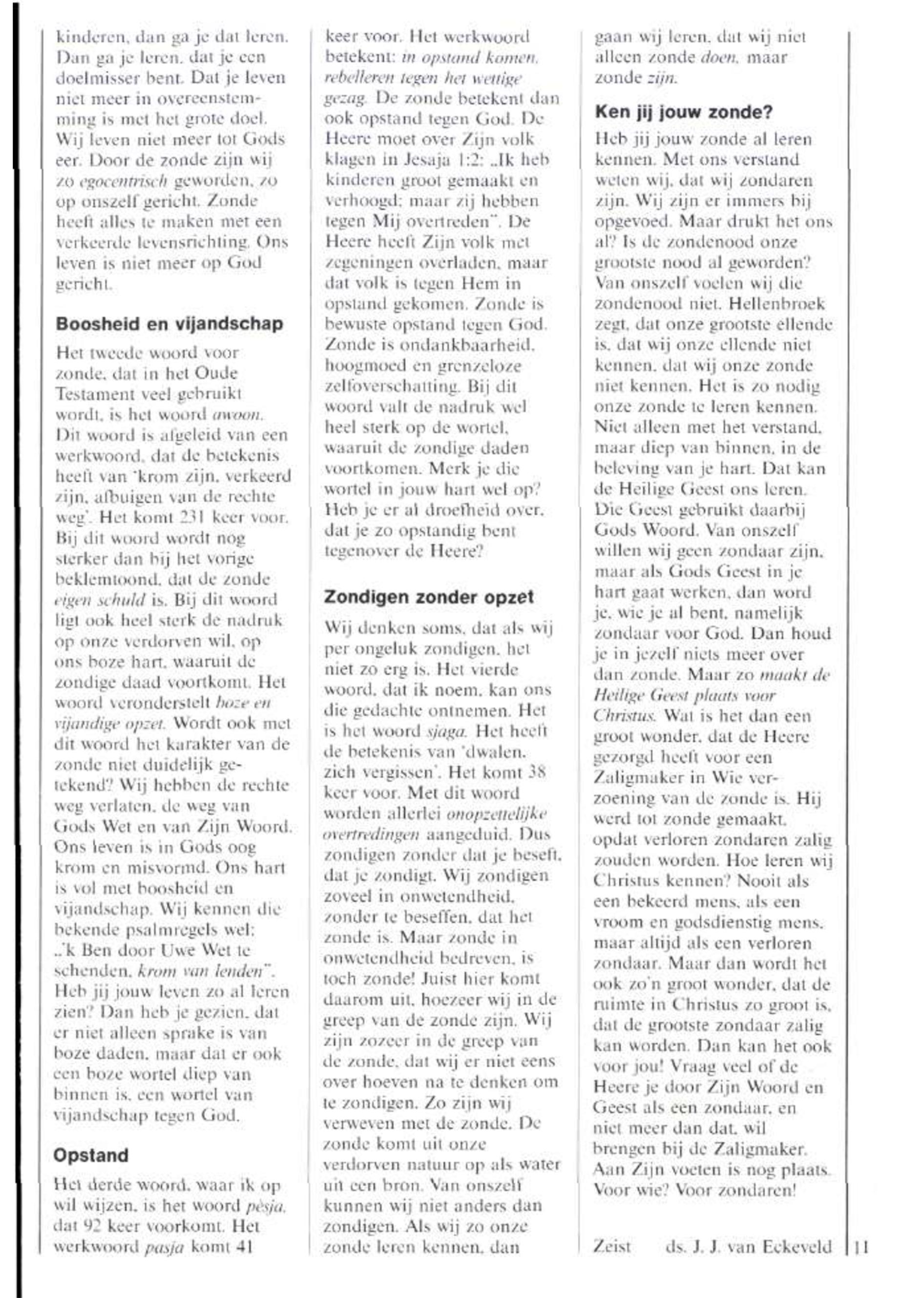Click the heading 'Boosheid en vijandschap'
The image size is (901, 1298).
click(x=169, y=324)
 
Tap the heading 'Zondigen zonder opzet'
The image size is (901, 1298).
click(x=429, y=597)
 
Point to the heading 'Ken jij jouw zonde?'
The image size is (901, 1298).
click(x=684, y=112)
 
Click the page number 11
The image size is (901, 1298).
click(x=861, y=1246)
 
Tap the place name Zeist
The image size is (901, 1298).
click(x=612, y=1246)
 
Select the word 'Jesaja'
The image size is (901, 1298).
click(x=417, y=160)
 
